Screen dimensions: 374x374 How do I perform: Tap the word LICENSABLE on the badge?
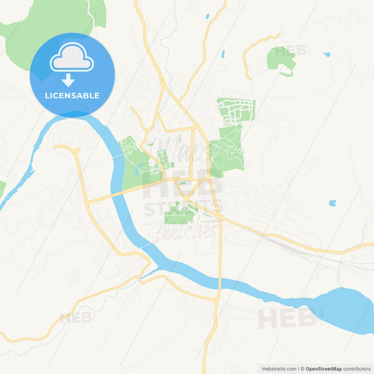tap(72, 95)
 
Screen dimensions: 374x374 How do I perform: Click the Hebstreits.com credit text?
tap(277, 368)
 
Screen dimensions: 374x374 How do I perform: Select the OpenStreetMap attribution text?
tap(323, 368)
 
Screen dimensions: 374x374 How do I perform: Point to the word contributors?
tap(357, 368)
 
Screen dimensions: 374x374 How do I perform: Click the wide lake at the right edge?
tap(344, 309)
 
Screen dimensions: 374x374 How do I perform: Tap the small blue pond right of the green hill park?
tap(326, 54)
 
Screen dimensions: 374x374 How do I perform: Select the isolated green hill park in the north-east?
tap(281, 59)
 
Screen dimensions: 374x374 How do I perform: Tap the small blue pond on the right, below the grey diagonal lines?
tap(332, 203)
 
